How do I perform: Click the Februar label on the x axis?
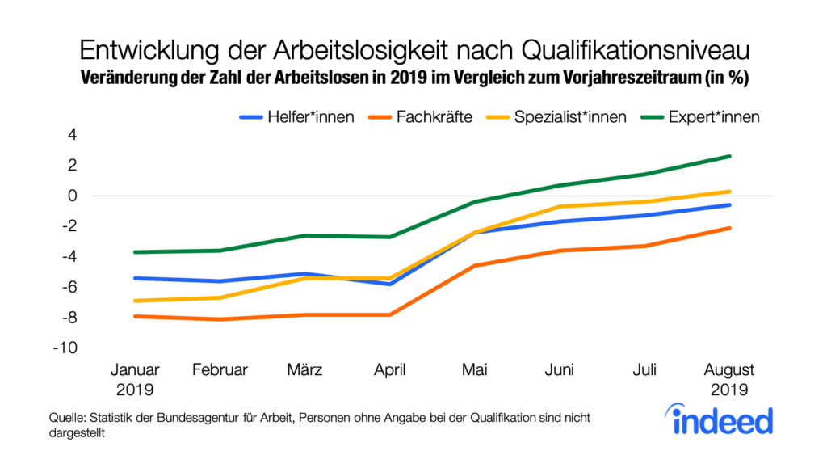tap(220, 370)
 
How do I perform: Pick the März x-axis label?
tap(305, 370)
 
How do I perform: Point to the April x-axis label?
tap(391, 370)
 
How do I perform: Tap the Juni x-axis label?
tap(560, 370)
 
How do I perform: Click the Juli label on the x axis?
tap(644, 370)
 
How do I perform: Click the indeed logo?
tap(722, 419)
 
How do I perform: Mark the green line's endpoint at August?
tap(729, 156)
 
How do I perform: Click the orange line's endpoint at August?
tap(729, 228)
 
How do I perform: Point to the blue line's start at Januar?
tap(134, 278)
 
